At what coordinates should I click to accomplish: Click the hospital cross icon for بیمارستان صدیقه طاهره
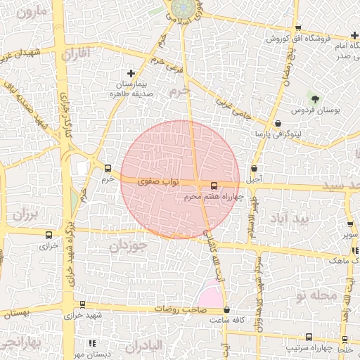(x=131, y=73)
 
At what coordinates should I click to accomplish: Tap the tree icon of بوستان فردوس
(x=314, y=98)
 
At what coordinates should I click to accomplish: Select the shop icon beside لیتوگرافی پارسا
(x=278, y=123)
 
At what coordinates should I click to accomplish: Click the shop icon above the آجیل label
(x=254, y=169)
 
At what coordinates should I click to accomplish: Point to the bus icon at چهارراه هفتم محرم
(x=214, y=186)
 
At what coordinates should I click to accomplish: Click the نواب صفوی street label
(x=162, y=181)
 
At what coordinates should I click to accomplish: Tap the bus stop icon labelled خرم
(x=108, y=168)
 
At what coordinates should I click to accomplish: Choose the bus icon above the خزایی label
(x=49, y=236)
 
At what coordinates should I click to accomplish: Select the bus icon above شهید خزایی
(x=83, y=305)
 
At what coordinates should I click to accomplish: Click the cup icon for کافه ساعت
(x=226, y=310)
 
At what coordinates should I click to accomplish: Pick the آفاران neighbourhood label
(x=77, y=53)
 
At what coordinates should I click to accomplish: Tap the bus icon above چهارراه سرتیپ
(x=309, y=337)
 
